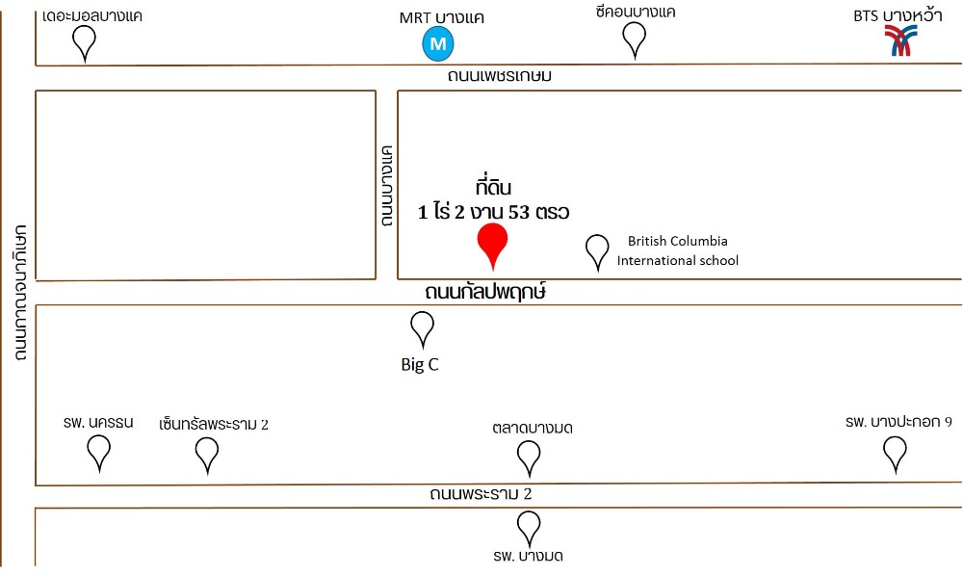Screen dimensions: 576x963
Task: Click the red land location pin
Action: click(492, 242)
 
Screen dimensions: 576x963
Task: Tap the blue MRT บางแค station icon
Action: click(439, 43)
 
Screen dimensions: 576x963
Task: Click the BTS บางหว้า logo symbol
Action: click(901, 41)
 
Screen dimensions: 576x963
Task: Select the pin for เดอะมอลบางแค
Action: click(86, 40)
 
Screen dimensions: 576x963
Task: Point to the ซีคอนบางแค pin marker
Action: click(634, 38)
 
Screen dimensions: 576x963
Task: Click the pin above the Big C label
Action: click(422, 327)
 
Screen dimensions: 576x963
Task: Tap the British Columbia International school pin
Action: click(598, 250)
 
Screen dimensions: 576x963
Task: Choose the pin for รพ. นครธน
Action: click(98, 450)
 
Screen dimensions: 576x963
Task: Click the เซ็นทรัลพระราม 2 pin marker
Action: click(207, 452)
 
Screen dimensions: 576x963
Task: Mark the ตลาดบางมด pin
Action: click(528, 456)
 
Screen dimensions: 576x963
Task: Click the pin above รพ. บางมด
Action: click(528, 526)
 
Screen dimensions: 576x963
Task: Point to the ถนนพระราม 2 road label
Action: click(481, 495)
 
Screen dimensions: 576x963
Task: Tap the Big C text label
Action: click(420, 365)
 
